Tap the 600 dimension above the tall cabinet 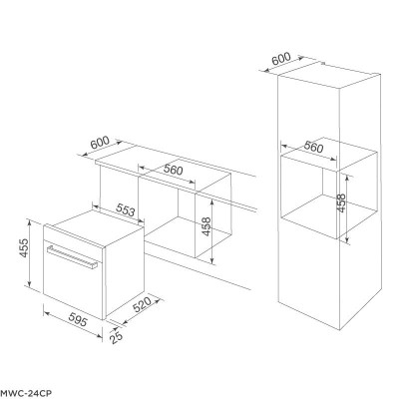tap(281, 59)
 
